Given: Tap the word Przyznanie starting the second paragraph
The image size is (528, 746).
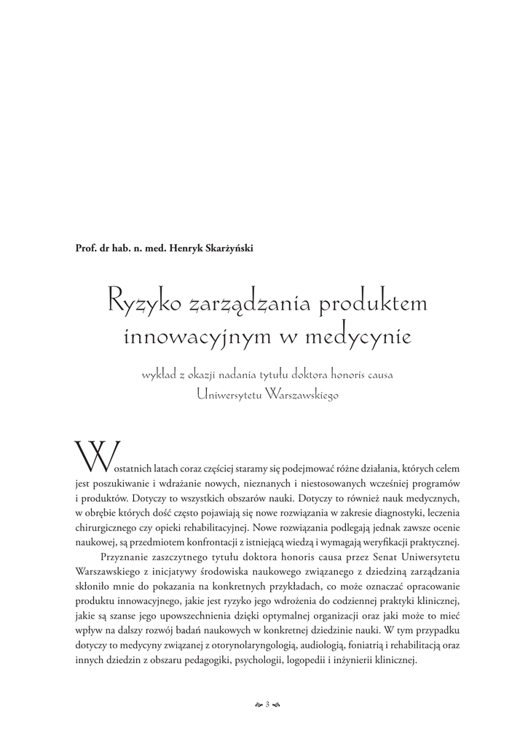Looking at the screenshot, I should click(x=122, y=557).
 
